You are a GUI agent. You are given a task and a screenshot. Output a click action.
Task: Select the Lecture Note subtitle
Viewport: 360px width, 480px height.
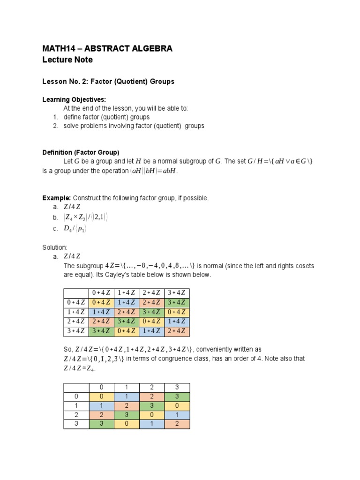[67, 60]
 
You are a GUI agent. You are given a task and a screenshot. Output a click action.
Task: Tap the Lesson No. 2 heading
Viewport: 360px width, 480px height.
[108, 82]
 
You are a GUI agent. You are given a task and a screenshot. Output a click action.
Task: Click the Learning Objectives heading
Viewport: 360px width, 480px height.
[74, 100]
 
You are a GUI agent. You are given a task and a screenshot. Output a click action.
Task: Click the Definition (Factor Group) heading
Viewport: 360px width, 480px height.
[81, 152]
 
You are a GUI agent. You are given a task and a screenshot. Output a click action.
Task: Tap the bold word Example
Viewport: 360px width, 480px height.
[56, 198]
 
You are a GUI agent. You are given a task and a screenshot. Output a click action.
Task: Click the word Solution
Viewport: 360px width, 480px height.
[55, 247]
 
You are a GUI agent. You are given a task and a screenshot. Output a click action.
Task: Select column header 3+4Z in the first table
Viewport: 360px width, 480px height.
[177, 293]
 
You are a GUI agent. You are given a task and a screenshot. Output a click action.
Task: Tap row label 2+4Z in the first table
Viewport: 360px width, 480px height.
[76, 322]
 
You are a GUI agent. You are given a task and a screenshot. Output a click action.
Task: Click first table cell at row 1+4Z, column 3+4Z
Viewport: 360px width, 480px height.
[177, 312]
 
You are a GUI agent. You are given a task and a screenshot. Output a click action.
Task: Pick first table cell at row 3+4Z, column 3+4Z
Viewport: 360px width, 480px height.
[177, 331]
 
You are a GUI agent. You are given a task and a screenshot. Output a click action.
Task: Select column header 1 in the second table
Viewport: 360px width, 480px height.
[127, 388]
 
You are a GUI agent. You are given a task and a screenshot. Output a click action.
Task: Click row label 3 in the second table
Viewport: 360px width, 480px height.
[76, 424]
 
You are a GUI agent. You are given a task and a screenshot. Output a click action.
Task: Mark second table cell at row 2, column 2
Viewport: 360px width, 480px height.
[152, 415]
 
